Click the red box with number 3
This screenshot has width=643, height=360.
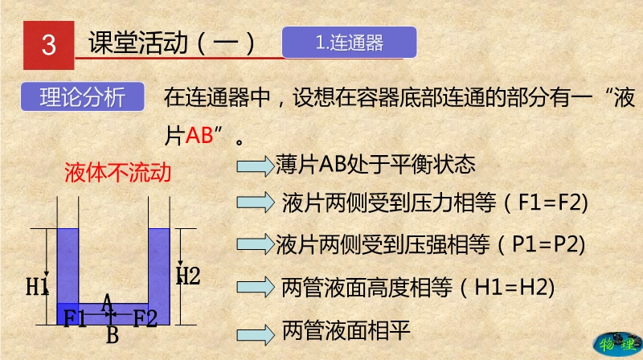pyautogui.click(x=49, y=45)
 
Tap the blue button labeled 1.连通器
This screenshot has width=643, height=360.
pyautogui.click(x=350, y=43)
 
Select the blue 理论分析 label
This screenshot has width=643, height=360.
pyautogui.click(x=83, y=96)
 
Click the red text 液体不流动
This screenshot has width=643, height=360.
pyautogui.click(x=117, y=172)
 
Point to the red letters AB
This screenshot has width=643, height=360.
pyautogui.click(x=199, y=135)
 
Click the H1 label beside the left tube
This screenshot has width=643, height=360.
pyautogui.click(x=37, y=287)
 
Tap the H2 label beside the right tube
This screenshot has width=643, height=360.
pyautogui.click(x=188, y=276)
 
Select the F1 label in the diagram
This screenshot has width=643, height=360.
pyautogui.click(x=74, y=317)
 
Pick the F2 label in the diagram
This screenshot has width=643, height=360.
pyautogui.click(x=145, y=317)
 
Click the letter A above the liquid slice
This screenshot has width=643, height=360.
pyautogui.click(x=107, y=302)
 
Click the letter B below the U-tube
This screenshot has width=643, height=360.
pyautogui.click(x=113, y=335)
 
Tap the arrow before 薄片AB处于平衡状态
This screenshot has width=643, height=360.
pyautogui.click(x=255, y=166)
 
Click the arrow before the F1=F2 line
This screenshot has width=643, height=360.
pyautogui.click(x=255, y=202)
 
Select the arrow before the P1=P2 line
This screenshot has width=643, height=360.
pyautogui.click(x=255, y=244)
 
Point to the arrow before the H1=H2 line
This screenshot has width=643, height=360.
pyautogui.click(x=255, y=287)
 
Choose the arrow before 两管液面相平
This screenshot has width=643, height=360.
pyautogui.click(x=255, y=334)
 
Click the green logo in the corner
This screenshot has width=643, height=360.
pyautogui.click(x=617, y=344)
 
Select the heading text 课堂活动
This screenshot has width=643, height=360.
pyautogui.click(x=138, y=43)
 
